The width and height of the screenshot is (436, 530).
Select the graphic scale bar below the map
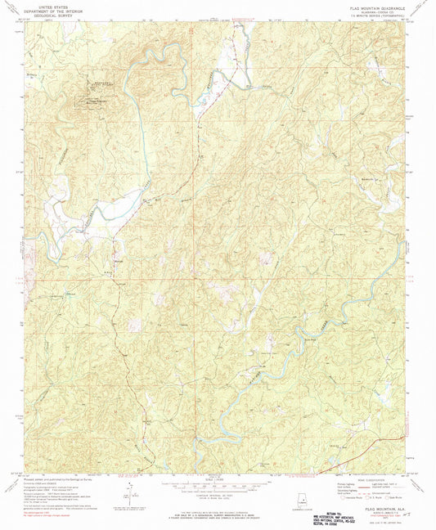click(218, 484)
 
